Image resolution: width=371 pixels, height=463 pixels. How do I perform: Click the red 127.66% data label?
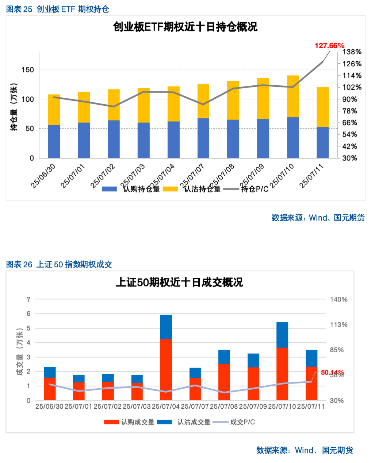[329, 46]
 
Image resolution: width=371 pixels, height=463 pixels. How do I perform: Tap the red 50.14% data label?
[332, 373]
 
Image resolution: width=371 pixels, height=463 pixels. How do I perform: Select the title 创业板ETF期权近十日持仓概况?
[185, 27]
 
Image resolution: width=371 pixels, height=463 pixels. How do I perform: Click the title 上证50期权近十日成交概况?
[179, 283]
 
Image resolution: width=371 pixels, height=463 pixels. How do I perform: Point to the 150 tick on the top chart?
[28, 70]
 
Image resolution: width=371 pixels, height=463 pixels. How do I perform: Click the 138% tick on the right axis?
[352, 52]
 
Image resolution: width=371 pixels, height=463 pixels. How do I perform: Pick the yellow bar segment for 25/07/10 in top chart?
[293, 96]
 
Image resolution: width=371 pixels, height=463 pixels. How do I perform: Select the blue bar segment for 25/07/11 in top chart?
[322, 142]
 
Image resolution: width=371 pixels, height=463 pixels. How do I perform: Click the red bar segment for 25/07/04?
[166, 369]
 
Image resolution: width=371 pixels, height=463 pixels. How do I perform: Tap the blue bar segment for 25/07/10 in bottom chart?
[282, 335]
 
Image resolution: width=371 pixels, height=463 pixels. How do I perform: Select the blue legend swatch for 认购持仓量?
[109, 189]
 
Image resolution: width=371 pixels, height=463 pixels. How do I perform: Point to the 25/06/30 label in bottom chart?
[49, 406]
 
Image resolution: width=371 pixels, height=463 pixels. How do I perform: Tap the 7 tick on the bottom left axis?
[28, 299]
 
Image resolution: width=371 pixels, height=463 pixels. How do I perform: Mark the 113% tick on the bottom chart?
[339, 324]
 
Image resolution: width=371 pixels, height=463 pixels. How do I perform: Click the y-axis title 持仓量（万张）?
[14, 107]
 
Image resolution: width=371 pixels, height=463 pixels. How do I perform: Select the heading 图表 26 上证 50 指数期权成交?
[59, 265]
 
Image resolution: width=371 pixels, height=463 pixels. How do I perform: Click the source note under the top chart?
[318, 218]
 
